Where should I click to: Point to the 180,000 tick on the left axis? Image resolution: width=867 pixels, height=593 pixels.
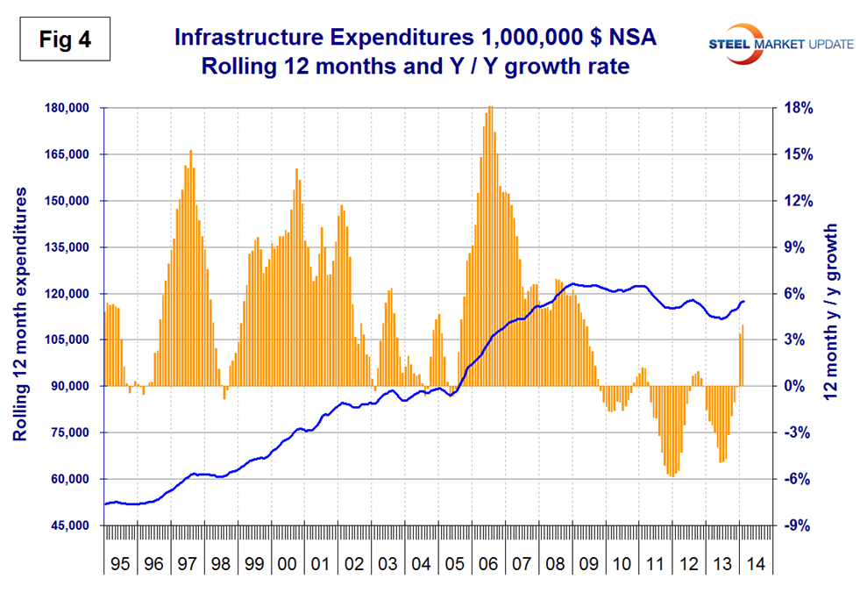[69, 108]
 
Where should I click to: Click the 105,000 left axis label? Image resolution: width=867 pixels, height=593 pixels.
[69, 340]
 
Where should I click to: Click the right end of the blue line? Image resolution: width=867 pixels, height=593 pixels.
[744, 301]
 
